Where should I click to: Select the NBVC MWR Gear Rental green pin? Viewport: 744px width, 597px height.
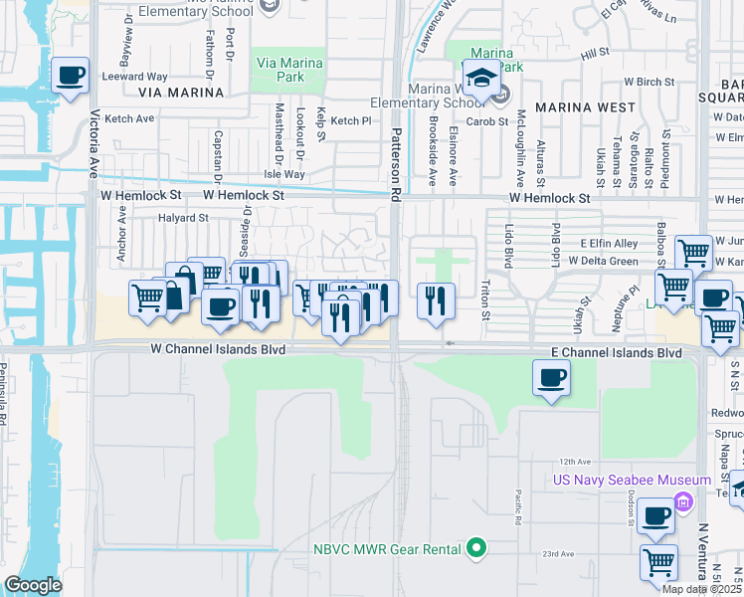point(477,548)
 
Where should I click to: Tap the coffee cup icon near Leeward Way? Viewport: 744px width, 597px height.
point(70,75)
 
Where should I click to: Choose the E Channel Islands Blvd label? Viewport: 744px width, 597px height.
point(617,353)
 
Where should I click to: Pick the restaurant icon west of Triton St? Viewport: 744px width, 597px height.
point(435,300)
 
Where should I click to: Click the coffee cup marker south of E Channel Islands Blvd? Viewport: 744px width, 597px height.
point(551,377)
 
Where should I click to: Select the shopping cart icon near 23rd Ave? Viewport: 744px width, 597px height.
point(658,561)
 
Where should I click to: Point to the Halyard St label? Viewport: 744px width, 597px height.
point(183,217)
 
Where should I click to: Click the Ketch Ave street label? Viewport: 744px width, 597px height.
point(130,118)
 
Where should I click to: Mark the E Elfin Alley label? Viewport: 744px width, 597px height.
point(610,243)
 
